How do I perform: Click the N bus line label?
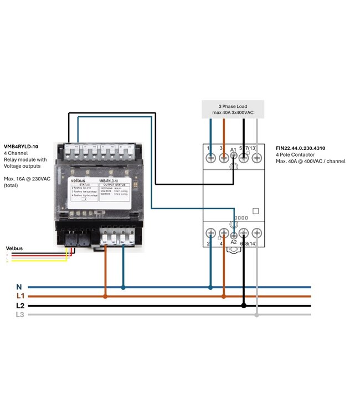coord(19,287)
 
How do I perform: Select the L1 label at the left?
coord(20,297)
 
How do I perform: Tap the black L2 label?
coord(20,305)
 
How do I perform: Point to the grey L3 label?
coord(20,314)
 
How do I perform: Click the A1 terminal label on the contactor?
coord(233,150)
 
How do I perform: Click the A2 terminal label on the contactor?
coord(233,242)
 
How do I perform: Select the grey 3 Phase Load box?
coord(233,110)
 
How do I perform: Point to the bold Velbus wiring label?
coord(14,248)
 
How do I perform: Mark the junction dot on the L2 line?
coord(244,305)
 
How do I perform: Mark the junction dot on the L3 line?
coord(256,314)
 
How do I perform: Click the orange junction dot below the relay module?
coord(106,296)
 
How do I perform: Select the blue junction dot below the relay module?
coord(123,287)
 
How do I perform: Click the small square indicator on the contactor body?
coord(255,210)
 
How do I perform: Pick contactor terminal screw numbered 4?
coord(223,233)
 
